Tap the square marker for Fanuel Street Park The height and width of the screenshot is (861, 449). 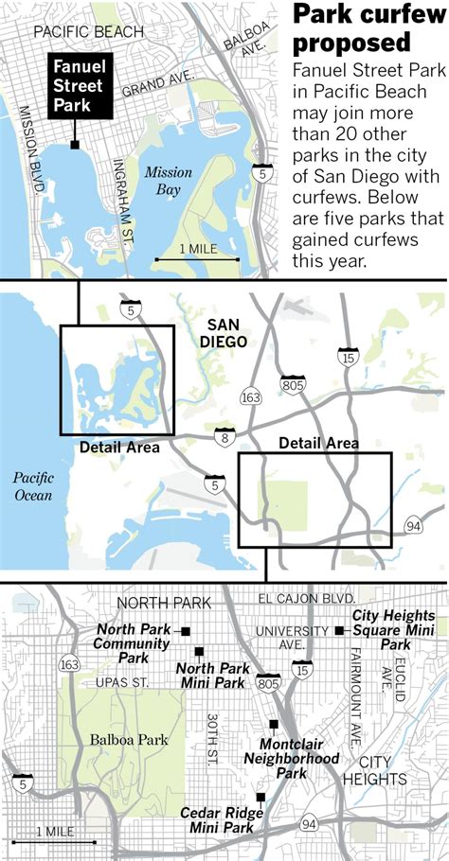tap(75, 145)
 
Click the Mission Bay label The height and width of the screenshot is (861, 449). tap(168, 181)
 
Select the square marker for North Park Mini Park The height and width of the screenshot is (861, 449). tap(199, 651)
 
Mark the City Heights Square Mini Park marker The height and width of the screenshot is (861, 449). tap(339, 630)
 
